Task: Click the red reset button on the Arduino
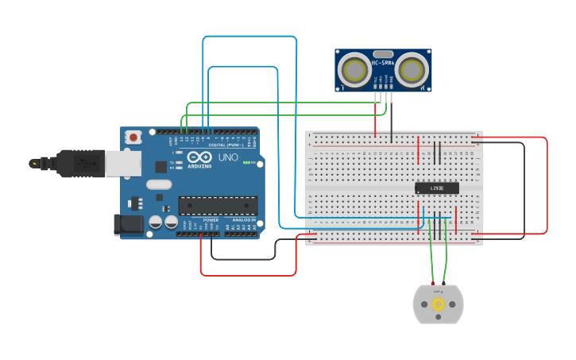point(133,137)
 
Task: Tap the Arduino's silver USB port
point(123,164)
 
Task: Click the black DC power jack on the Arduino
point(128,225)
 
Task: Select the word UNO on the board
point(228,157)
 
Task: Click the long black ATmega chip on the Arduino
point(217,206)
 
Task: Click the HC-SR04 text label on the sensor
point(382,63)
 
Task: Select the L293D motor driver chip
point(437,188)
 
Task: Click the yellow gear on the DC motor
point(438,304)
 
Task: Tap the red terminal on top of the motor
point(432,284)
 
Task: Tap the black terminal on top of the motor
point(444,284)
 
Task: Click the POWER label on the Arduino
point(211,220)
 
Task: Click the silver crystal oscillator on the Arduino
point(159,184)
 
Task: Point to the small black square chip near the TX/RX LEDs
point(161,167)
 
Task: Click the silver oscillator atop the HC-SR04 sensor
point(381,53)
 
